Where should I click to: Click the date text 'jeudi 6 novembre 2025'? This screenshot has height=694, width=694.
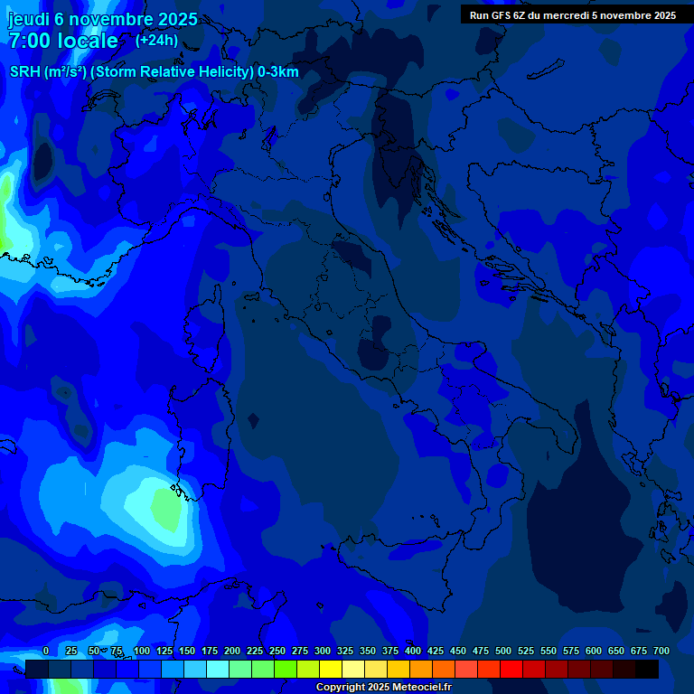pos(102,19)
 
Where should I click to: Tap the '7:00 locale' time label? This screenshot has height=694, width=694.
pos(63,41)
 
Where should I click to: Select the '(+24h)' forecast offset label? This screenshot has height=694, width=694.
pos(156,40)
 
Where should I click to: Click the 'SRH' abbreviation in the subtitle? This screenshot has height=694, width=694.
pos(24,73)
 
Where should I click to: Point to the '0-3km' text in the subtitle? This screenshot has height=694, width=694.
pos(277,73)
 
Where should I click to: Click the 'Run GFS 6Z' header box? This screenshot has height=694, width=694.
pos(572,14)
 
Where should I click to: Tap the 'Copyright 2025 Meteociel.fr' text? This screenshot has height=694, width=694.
pos(383,688)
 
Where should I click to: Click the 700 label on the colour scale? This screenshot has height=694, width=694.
pos(661,652)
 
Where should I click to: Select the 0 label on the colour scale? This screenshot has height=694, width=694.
pos(46,652)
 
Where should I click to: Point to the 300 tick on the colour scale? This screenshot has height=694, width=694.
pos(323,652)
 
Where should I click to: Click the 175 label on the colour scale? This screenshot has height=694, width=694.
pos(210,652)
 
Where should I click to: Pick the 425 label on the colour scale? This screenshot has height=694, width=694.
pos(436,652)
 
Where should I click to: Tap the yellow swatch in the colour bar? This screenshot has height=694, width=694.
pos(331,670)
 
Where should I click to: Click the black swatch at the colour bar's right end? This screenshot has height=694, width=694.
pos(647,670)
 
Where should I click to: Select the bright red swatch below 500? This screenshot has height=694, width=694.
pos(511,670)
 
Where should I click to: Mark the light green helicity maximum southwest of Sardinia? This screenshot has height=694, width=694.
pos(165,508)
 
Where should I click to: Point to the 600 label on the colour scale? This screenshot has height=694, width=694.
pos(594,652)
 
